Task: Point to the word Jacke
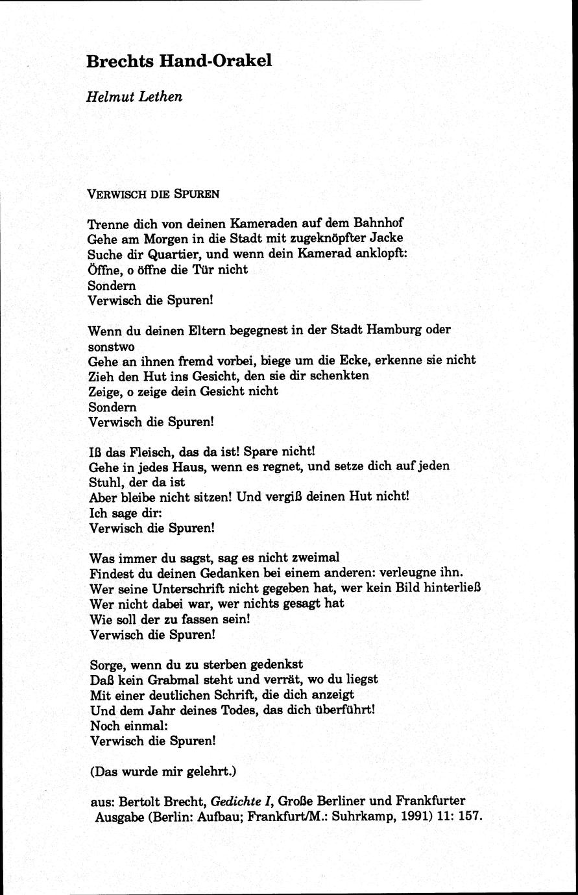coord(388,238)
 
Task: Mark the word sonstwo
coord(111,345)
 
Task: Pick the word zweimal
coord(315,557)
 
